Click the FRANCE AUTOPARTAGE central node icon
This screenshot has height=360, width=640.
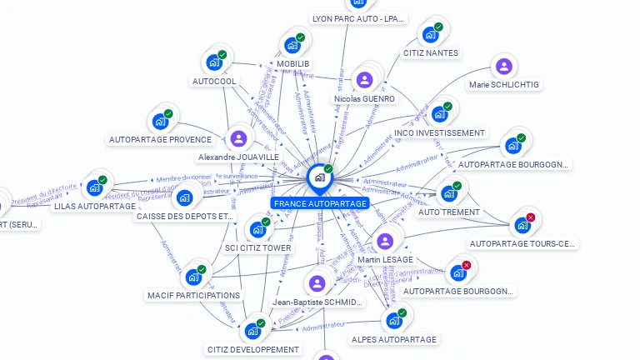319,177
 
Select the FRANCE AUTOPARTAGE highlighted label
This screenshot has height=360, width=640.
319,203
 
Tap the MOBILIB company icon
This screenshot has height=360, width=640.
292,45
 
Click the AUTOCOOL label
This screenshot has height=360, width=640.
214,82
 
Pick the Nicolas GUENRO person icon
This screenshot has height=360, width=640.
364,80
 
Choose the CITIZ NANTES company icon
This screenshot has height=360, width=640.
430,34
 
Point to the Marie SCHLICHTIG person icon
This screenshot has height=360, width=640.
503,66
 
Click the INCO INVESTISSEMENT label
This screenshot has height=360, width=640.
439,133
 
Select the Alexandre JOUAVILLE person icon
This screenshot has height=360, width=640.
238,138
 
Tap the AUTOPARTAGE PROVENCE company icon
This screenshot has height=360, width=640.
160,121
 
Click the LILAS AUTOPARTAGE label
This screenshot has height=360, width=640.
93,206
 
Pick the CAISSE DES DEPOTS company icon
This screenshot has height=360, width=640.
185,198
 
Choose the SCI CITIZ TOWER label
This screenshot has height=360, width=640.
258,247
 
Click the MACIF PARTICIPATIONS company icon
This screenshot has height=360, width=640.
193,276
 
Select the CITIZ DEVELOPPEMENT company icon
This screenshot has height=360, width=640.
252,331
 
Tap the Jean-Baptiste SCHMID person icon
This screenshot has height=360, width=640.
317,283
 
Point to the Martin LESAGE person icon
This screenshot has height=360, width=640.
384,242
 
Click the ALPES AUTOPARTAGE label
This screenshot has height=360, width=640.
393,340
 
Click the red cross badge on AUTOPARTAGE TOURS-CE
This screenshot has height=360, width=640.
531,217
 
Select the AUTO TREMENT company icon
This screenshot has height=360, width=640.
449,193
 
